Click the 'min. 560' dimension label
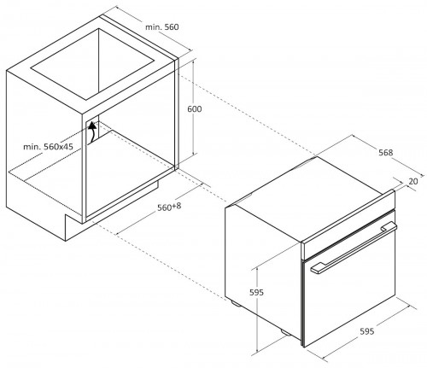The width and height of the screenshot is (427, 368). click(x=162, y=27)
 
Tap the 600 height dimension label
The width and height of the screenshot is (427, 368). click(x=195, y=109)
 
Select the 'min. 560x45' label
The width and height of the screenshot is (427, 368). click(x=48, y=147)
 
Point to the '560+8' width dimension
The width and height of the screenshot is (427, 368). click(x=169, y=207)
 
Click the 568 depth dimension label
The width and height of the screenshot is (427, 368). click(x=385, y=153)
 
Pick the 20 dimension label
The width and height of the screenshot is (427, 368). click(x=413, y=181)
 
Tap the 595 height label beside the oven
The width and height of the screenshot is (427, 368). click(x=256, y=292)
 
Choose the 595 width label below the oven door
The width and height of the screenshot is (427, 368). click(x=367, y=331)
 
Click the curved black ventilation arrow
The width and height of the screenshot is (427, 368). click(x=91, y=132)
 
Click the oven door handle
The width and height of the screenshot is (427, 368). click(x=354, y=247)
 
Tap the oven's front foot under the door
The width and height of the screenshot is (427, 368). click(x=286, y=332)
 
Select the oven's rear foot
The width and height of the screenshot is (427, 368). click(x=236, y=303)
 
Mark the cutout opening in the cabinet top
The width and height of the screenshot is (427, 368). click(x=93, y=64)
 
